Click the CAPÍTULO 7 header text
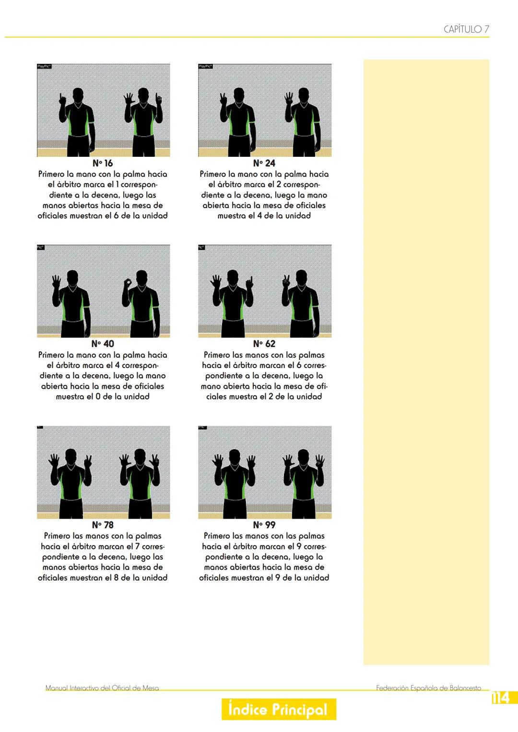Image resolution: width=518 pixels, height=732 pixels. tap(466, 29)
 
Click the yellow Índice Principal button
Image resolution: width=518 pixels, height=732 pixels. tap(279, 709)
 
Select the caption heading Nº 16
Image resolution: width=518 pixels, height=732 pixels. tap(103, 163)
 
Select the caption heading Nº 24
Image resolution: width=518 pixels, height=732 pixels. tap(264, 163)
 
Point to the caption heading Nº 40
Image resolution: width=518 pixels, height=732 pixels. tap(103, 344)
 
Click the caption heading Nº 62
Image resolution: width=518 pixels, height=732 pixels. tap(264, 344)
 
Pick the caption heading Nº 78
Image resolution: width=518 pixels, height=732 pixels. tap(103, 525)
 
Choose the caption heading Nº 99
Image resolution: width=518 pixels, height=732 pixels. tap(264, 525)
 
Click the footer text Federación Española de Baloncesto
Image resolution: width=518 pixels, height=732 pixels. tap(428, 688)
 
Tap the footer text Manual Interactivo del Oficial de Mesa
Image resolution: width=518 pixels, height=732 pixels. tap(102, 688)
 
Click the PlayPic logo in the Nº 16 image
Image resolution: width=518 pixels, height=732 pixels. tap(44, 66)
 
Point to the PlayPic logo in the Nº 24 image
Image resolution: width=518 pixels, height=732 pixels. tap(205, 66)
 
